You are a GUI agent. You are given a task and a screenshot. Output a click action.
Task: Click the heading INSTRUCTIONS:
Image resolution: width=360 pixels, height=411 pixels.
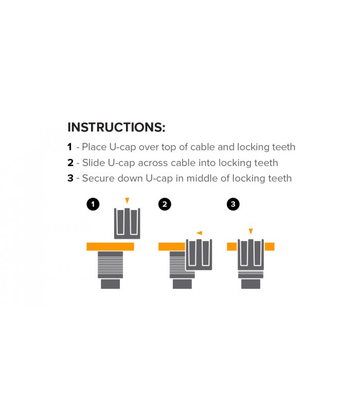click(116, 127)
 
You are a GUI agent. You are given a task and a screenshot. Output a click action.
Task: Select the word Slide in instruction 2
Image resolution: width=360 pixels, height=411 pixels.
click(93, 163)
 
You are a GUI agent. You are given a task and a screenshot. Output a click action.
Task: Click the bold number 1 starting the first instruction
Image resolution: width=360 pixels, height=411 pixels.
click(70, 147)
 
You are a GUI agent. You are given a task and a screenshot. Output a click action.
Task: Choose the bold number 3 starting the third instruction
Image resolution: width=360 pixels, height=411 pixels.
click(70, 178)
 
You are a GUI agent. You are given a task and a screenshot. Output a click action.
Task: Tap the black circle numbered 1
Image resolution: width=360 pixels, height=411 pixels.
click(93, 204)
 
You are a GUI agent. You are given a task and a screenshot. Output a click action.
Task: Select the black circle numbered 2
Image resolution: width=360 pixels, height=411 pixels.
click(165, 204)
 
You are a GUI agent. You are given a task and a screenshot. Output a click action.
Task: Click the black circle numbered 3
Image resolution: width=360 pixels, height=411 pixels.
click(233, 204)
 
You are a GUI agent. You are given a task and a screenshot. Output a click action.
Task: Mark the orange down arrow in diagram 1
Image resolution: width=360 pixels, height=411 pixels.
click(127, 200)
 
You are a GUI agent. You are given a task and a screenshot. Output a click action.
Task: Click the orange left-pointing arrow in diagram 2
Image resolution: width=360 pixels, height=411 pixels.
click(199, 233)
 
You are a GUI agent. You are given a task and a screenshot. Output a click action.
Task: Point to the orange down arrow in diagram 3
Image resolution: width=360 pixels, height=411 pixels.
click(250, 232)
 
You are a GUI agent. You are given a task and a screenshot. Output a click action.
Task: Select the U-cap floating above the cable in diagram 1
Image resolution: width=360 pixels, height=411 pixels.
click(127, 223)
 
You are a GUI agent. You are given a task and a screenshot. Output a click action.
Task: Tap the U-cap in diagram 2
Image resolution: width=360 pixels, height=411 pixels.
click(199, 254)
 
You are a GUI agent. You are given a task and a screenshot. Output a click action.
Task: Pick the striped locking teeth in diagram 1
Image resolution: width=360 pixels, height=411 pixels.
click(110, 265)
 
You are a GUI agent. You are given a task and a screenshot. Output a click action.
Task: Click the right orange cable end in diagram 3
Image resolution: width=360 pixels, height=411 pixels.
click(269, 247)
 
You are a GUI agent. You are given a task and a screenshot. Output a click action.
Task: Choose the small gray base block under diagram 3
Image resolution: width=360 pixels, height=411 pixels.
click(250, 284)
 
